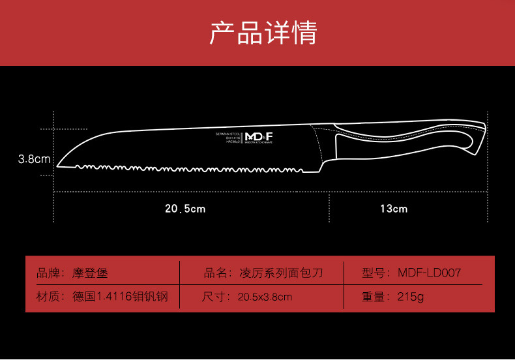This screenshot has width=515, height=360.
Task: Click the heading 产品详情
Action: click(263, 33)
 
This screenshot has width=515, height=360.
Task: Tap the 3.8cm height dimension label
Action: click(34, 158)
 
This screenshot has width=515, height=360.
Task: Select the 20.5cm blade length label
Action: click(185, 209)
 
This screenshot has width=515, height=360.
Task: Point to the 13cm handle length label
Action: click(394, 209)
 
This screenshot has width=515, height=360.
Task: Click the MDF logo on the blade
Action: click(259, 136)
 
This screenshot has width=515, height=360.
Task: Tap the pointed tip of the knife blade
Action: click(58, 166)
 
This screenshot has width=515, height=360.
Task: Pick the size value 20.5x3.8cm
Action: click(265, 297)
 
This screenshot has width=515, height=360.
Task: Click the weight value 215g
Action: click(411, 297)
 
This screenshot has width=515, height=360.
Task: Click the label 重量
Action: click(374, 297)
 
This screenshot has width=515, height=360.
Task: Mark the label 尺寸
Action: click(214, 297)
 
